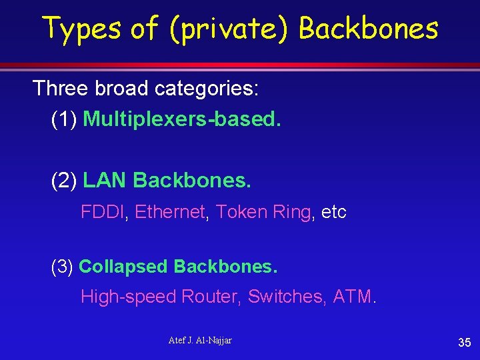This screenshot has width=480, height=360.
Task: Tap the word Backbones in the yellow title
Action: [369, 28]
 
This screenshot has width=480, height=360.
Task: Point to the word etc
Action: [333, 212]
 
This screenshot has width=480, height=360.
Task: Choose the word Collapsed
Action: [123, 267]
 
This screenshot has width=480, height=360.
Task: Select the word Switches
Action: [282, 297]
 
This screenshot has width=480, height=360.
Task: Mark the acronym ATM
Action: [351, 297]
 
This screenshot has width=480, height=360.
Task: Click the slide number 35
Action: [464, 343]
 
